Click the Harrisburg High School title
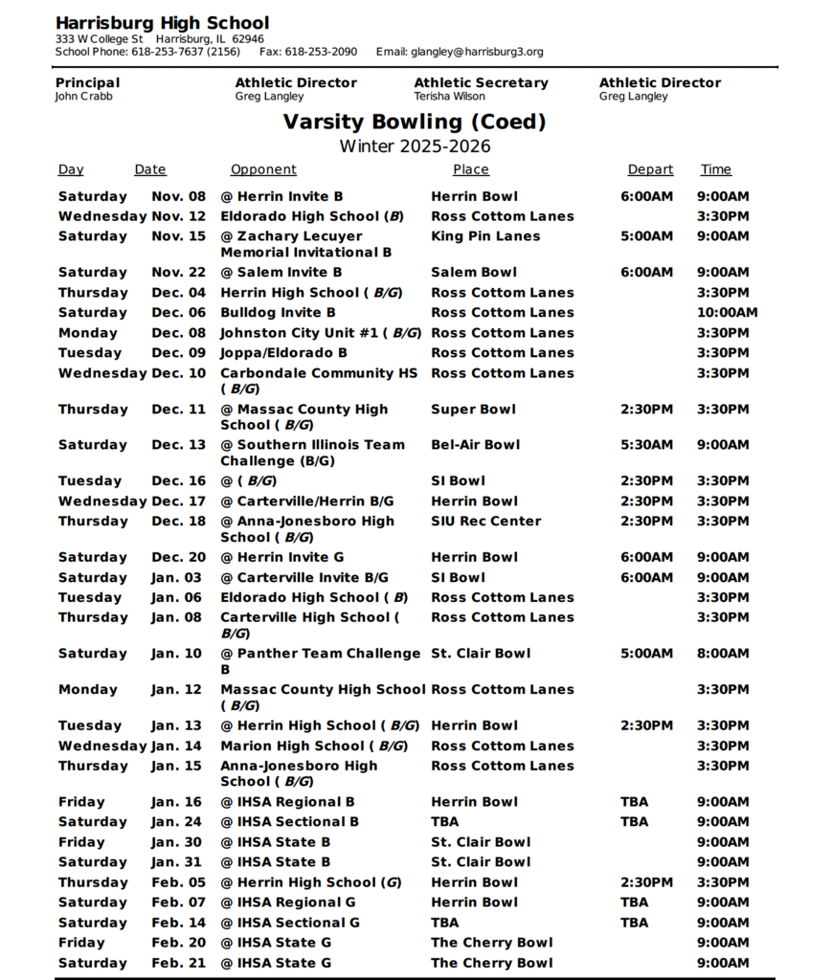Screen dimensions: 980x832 162,23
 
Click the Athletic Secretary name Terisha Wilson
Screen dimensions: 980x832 449,97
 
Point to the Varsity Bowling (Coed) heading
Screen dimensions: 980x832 415,122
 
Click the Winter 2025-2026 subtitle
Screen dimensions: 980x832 415,146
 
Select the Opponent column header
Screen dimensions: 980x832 263,169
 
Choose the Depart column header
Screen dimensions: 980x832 650,169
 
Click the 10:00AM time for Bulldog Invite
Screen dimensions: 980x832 727,313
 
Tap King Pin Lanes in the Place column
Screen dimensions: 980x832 485,236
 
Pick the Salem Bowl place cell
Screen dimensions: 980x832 474,273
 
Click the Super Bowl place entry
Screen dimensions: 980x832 473,410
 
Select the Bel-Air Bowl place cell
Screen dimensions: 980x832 476,445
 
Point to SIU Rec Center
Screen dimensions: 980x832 485,522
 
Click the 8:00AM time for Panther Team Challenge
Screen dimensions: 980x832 723,654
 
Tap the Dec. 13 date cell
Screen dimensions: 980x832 178,445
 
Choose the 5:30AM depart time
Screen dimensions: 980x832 646,445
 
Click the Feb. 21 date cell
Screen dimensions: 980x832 178,963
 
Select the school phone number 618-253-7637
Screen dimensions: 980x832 168,52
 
